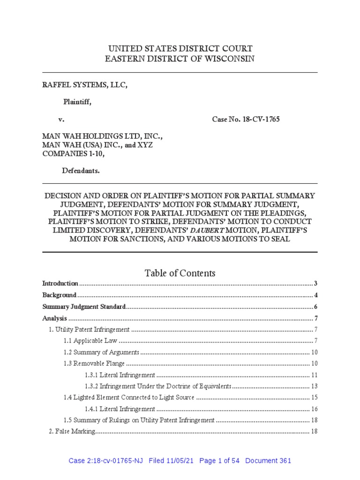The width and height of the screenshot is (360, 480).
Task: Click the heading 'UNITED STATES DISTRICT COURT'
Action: click(180, 48)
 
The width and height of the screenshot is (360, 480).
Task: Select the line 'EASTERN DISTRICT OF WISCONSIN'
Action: click(180, 58)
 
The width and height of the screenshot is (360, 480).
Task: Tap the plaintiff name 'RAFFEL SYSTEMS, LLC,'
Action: click(85, 85)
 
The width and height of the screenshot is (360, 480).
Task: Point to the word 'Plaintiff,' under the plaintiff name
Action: click(77, 102)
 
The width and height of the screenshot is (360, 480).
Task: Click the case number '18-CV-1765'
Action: click(261, 120)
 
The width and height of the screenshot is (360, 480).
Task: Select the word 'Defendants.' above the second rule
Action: click(81, 171)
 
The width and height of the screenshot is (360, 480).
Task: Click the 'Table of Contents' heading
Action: click(180, 273)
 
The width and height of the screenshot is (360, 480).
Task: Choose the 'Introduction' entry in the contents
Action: click(60, 284)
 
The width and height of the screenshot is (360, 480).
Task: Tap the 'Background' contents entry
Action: click(60, 295)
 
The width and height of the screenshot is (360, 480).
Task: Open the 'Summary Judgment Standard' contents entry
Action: click(84, 307)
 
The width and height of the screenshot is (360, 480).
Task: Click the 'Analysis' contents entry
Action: click(55, 318)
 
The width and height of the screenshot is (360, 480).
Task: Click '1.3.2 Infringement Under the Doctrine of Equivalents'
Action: click(158, 386)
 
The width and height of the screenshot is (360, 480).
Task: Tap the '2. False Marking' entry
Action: click(73, 431)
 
